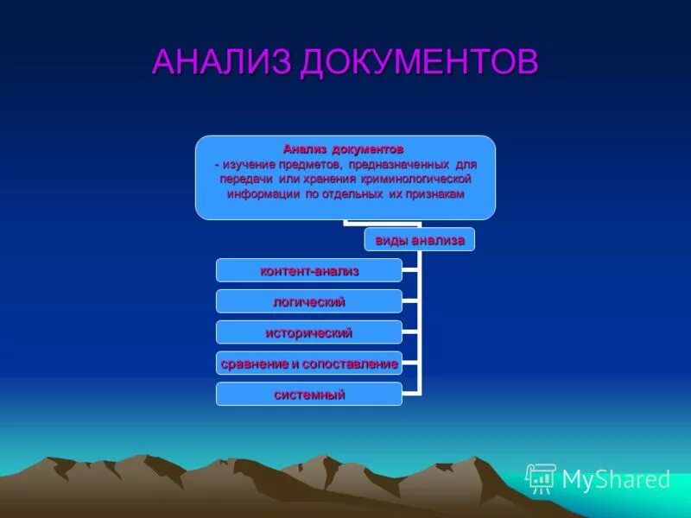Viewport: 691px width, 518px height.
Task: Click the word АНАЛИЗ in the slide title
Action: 223,62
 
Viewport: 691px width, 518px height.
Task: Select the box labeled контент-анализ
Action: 309,271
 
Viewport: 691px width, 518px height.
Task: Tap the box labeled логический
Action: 309,301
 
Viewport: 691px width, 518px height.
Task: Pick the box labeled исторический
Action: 309,332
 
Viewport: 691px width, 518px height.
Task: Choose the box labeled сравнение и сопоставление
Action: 309,363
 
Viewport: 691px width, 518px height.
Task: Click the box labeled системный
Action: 309,395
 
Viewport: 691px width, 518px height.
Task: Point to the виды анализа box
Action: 419,240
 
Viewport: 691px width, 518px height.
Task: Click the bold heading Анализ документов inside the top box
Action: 344,148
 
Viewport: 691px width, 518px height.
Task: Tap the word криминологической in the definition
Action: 416,179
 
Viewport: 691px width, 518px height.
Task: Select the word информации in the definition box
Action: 263,194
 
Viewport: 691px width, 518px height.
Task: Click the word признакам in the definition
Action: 436,194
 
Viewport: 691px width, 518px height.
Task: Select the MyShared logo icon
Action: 542,478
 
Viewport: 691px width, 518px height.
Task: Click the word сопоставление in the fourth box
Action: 353,363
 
